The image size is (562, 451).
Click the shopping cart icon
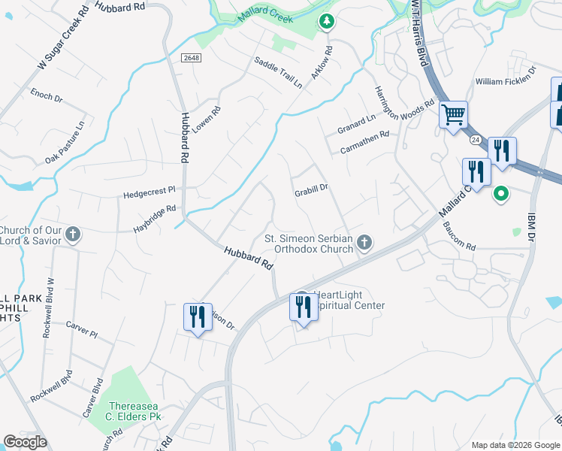[454, 116]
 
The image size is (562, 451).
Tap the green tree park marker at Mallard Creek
[326, 22]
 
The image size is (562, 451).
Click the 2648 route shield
[190, 57]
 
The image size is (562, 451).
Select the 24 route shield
[476, 140]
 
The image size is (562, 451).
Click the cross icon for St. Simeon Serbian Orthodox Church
[364, 241]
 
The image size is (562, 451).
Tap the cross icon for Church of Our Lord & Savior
[73, 235]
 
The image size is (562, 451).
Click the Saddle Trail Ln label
[278, 73]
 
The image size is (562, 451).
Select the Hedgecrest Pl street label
[149, 192]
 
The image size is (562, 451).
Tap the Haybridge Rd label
[155, 218]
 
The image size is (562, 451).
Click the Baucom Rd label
[459, 237]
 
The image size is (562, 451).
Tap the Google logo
[25, 442]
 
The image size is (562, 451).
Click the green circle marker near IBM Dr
[500, 194]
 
